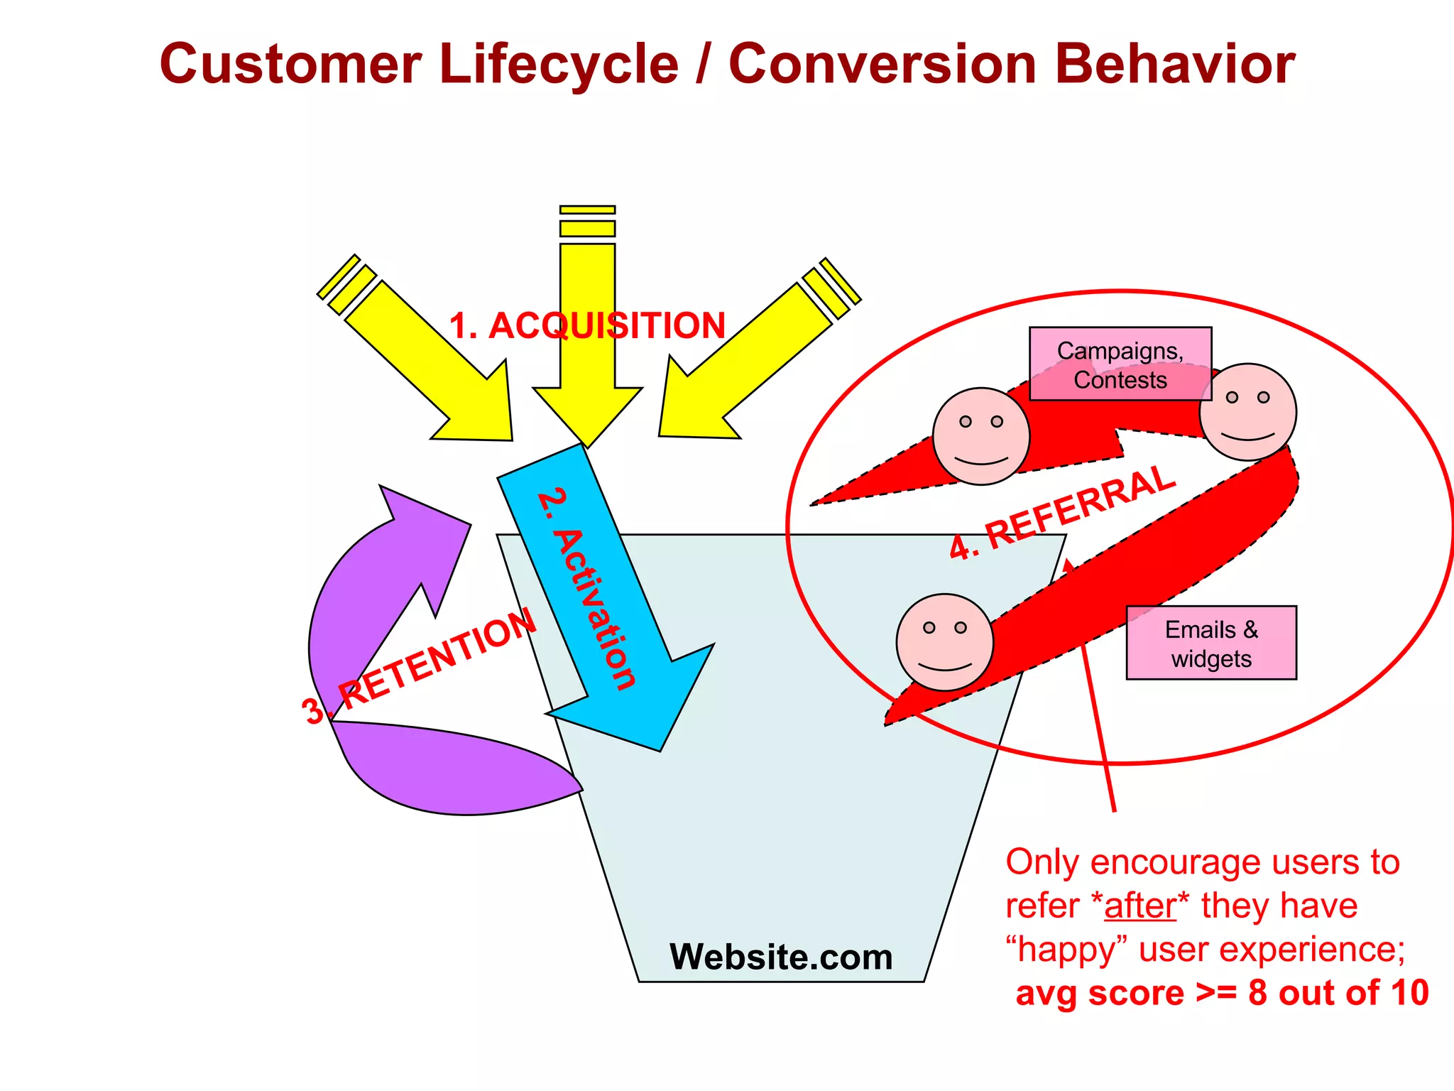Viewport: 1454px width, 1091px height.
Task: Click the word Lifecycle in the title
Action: [559, 64]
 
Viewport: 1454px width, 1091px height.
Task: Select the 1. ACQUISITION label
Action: [587, 326]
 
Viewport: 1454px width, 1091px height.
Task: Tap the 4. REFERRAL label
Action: [1062, 512]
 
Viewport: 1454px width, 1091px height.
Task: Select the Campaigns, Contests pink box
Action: [1120, 364]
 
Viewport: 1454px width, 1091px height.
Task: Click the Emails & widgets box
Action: [1211, 644]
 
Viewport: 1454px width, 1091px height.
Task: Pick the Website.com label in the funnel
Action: [781, 957]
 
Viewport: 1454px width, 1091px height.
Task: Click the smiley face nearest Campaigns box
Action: [1248, 413]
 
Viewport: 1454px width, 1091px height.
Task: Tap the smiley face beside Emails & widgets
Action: [945, 642]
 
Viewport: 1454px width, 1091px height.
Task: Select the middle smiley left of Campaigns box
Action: [981, 436]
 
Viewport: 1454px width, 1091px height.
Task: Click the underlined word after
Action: [1140, 906]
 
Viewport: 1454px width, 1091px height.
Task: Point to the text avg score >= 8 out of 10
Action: [1221, 993]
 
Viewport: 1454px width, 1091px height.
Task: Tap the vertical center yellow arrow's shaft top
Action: [587, 256]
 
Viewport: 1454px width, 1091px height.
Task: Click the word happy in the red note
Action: [1071, 950]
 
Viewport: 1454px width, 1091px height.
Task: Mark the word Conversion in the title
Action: [882, 64]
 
